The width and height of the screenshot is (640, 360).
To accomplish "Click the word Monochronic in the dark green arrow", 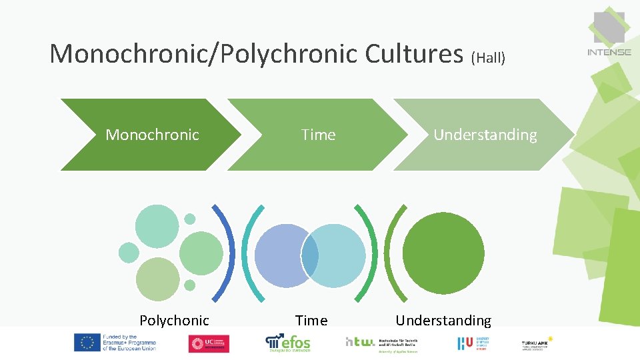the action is [x=152, y=135].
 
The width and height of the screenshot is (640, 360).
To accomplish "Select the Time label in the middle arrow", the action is [x=318, y=135].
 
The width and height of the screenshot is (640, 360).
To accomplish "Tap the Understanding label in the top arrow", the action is [x=485, y=135].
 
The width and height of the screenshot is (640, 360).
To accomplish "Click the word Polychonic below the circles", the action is [x=174, y=321].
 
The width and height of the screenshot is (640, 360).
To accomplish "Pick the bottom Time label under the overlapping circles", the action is [x=311, y=321].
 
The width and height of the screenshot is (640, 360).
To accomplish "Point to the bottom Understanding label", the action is [x=443, y=321].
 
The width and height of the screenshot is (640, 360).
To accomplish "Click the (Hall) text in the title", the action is [x=488, y=58].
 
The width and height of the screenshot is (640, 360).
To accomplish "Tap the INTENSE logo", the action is [x=609, y=33].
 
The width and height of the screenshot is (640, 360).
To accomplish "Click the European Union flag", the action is [x=87, y=343].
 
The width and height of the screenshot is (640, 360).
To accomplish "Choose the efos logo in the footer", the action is [x=288, y=343].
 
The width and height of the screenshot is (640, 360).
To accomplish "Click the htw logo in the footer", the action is [x=360, y=342].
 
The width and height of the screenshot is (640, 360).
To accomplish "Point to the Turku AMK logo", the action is [x=537, y=343].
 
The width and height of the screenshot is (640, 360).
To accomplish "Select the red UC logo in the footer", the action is [x=209, y=343].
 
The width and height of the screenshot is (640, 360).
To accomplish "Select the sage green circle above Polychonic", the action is [x=158, y=279].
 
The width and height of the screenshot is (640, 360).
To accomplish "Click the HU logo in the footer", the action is [x=465, y=343].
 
